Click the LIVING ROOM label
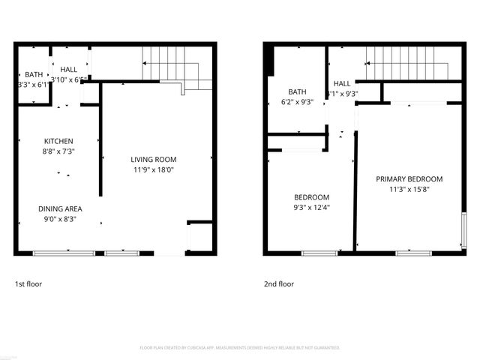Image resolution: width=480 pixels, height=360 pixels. tap(153, 159)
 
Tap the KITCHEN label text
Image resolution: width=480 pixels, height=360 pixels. tap(58, 141)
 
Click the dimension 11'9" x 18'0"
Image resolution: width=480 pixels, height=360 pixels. tap(153, 169)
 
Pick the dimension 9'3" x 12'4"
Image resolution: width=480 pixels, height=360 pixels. tap(310, 207)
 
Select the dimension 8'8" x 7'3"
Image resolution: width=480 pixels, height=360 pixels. tap(58, 151)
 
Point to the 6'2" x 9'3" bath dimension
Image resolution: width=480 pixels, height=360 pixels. tap(297, 102)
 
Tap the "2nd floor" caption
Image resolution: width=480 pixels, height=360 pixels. tap(278, 284)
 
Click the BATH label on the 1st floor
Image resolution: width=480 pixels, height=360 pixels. tap(34, 74)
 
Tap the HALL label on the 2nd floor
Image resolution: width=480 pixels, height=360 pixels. tap(342, 83)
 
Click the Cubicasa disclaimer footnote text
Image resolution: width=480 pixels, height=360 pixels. tap(240, 348)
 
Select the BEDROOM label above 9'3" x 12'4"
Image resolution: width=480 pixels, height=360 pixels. tap(310, 196)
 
